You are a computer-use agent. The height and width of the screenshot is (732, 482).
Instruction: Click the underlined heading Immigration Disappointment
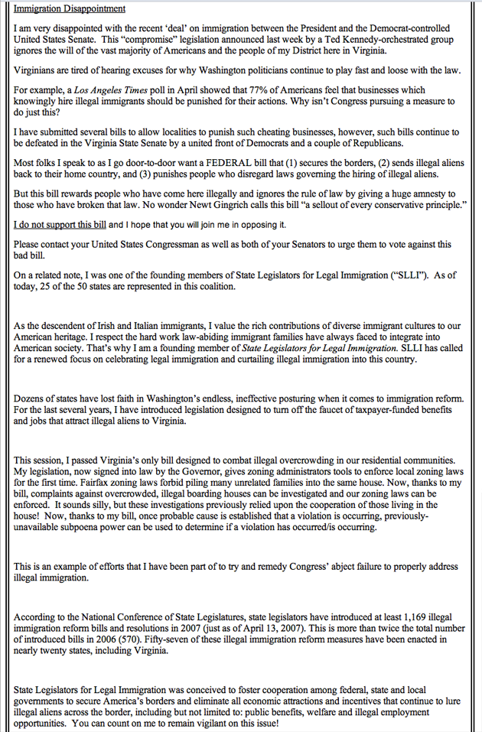[70, 8]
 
